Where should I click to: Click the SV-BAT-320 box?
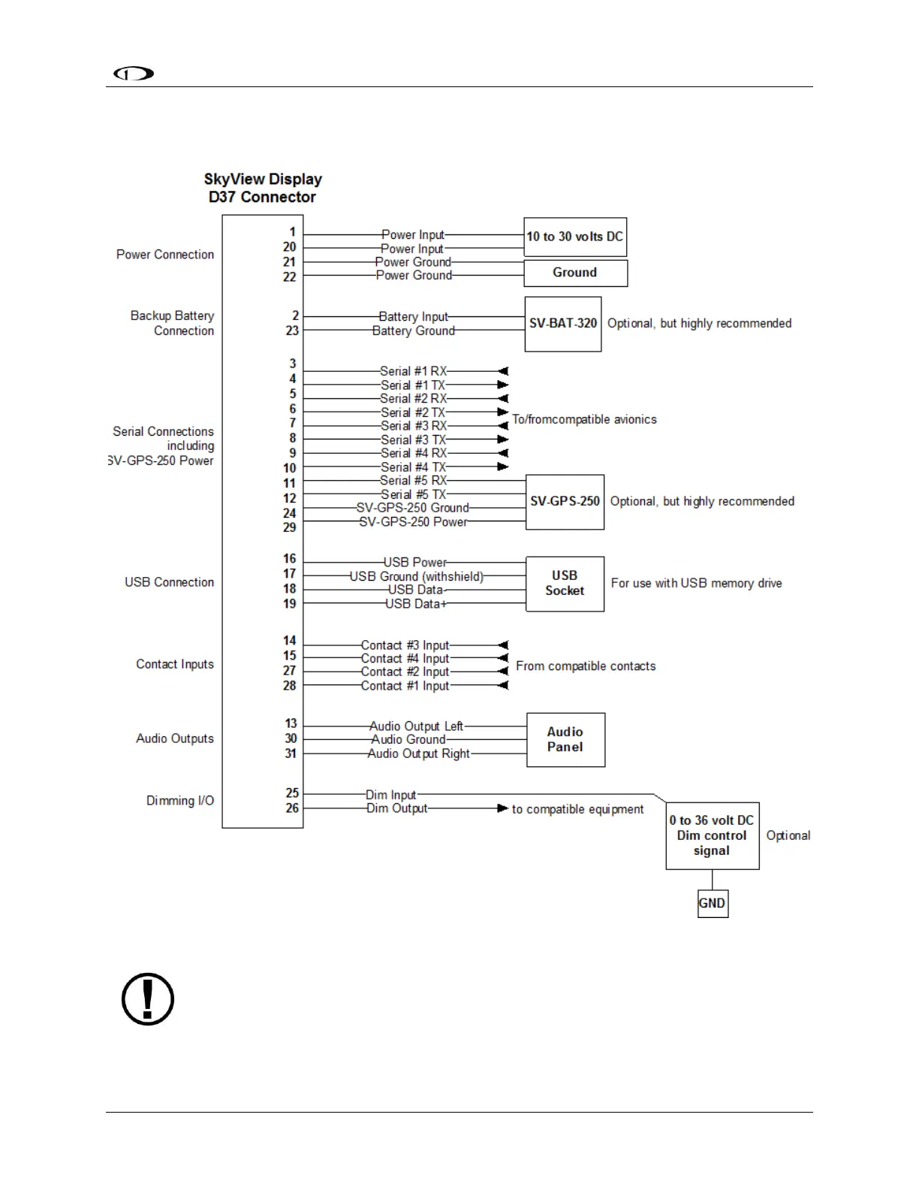pos(563,324)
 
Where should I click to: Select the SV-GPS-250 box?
pos(565,502)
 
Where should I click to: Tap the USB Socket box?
pos(565,584)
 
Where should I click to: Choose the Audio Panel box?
pos(565,739)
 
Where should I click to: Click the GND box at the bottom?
pos(713,903)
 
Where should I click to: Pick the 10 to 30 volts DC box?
pos(574,237)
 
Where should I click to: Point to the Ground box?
pos(575,273)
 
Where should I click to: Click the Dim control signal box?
pos(712,835)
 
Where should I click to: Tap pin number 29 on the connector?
pos(290,528)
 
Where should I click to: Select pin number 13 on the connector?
pos(291,723)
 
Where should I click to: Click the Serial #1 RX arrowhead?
pos(503,371)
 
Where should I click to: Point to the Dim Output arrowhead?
pos(503,808)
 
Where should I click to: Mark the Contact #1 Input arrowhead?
pos(503,685)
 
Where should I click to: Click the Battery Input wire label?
pos(413,317)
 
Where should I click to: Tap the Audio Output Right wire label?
pos(418,754)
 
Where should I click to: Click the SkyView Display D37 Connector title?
pos(263,188)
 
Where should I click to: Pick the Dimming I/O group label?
pos(180,801)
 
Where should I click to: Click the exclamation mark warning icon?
pos(148,999)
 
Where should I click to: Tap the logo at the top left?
pos(134,73)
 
